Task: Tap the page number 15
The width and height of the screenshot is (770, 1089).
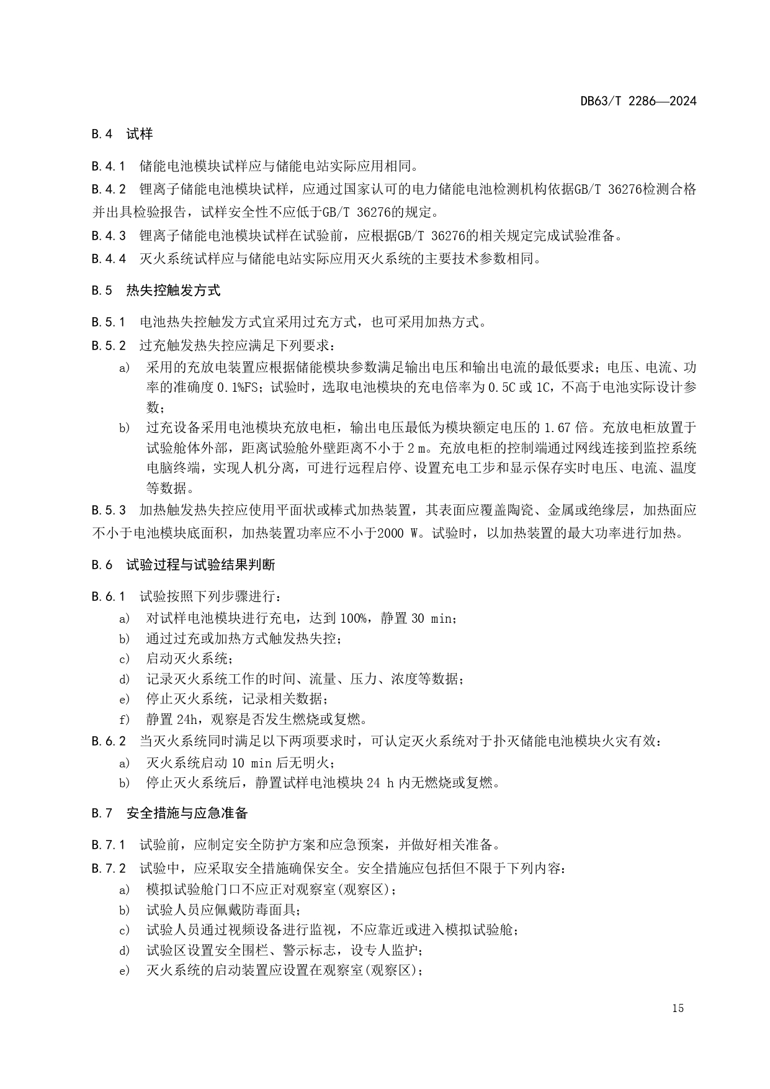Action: tap(678, 1008)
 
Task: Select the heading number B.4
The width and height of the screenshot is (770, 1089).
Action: tap(101, 134)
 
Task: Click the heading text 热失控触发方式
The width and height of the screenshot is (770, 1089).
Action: tap(173, 291)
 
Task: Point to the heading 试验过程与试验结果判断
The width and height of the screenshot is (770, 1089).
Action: tap(200, 565)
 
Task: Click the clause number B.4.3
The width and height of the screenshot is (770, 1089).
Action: tap(109, 236)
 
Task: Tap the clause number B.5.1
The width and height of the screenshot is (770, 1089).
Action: tap(109, 322)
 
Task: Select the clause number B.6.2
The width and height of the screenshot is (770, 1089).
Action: tap(109, 741)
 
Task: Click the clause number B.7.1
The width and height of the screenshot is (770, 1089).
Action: tap(109, 845)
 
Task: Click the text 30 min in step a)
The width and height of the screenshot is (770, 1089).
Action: tap(432, 618)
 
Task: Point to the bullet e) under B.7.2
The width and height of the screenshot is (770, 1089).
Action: tap(124, 971)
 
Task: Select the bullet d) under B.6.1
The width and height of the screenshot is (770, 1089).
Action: tap(124, 679)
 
